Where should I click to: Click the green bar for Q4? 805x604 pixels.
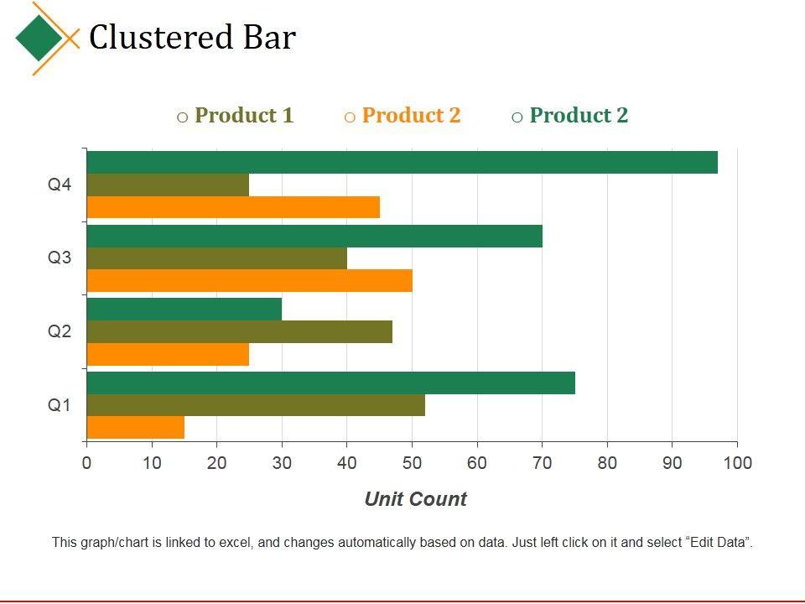pos(402,162)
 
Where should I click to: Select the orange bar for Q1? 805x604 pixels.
pos(135,428)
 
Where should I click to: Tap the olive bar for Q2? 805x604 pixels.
pos(239,332)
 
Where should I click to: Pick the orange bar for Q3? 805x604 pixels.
pos(249,281)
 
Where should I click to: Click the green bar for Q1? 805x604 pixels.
pos(330,383)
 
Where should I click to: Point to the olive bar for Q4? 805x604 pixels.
pos(168,185)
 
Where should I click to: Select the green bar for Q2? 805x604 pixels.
pos(184,310)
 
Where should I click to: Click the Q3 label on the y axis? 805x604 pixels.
pos(60,258)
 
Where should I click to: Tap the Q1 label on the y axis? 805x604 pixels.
pos(60,406)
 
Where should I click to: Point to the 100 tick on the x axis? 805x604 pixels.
pos(737,463)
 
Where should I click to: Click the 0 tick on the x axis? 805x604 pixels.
pos(86,463)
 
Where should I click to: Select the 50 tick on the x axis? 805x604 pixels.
pos(412,463)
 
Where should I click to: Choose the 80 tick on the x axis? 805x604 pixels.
pos(607,463)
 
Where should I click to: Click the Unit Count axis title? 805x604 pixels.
pos(415,500)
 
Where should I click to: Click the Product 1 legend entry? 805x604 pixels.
pos(243,116)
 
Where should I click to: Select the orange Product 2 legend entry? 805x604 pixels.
pos(411,116)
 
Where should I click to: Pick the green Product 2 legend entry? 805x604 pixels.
pos(579,116)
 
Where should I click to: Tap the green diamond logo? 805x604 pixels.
pos(39,38)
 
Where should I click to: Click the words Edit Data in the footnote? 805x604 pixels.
pos(718,543)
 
